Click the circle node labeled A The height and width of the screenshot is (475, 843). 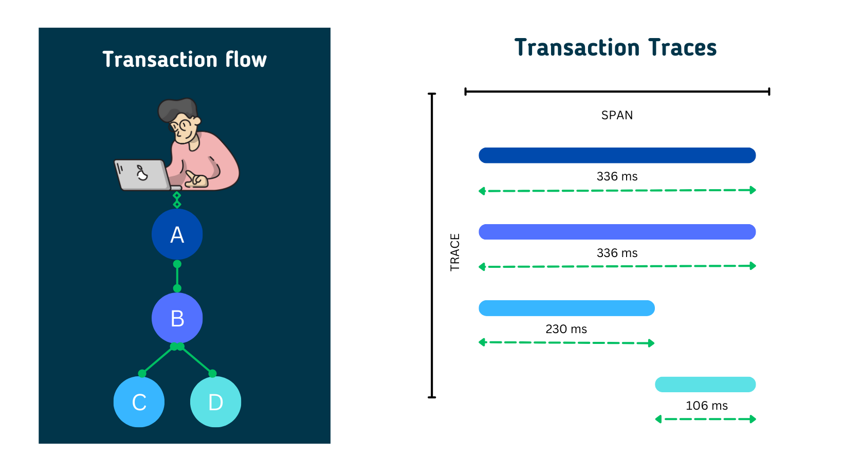coord(177,234)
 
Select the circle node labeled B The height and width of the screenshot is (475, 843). coord(177,318)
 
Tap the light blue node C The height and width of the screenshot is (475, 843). coord(139,402)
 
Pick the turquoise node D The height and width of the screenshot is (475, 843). coord(215,402)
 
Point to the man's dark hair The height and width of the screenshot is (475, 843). coord(176,108)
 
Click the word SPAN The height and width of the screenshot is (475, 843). coord(617,115)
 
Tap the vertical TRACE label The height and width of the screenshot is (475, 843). coord(455,252)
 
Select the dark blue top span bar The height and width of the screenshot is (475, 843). coord(617,155)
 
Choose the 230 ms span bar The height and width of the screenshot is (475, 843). coord(566,308)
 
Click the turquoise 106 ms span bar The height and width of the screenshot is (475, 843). coord(705,385)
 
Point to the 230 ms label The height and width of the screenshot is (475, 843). coord(566,329)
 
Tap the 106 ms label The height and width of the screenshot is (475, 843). coord(706,406)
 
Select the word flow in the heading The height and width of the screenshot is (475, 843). coord(246,60)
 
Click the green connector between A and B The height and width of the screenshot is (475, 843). coord(177,276)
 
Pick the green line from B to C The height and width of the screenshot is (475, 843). coord(158,360)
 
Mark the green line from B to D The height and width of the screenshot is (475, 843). coord(196,360)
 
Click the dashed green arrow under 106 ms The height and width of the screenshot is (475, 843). coord(705,419)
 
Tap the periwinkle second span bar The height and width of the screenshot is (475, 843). coord(617,232)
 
